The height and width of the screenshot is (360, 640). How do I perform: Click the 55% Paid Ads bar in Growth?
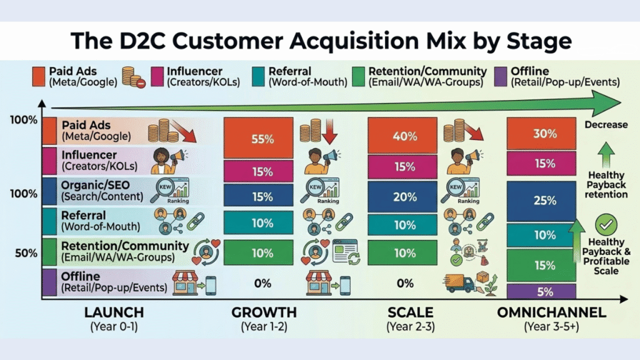click(258, 138)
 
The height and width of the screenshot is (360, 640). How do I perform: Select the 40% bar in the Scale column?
click(404, 136)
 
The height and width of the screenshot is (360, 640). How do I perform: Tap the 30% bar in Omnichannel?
click(541, 134)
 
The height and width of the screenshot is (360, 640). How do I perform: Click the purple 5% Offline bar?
click(541, 291)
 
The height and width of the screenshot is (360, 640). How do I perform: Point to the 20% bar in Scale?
click(404, 197)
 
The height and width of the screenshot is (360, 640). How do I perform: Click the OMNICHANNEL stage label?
click(551, 312)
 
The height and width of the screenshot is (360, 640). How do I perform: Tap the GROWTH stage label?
click(264, 312)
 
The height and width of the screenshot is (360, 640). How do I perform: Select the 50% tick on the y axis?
click(26, 253)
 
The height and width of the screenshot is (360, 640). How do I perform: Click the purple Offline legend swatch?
click(500, 76)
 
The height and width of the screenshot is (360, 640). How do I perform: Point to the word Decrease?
click(606, 124)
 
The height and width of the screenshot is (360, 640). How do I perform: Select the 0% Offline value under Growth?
click(262, 283)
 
